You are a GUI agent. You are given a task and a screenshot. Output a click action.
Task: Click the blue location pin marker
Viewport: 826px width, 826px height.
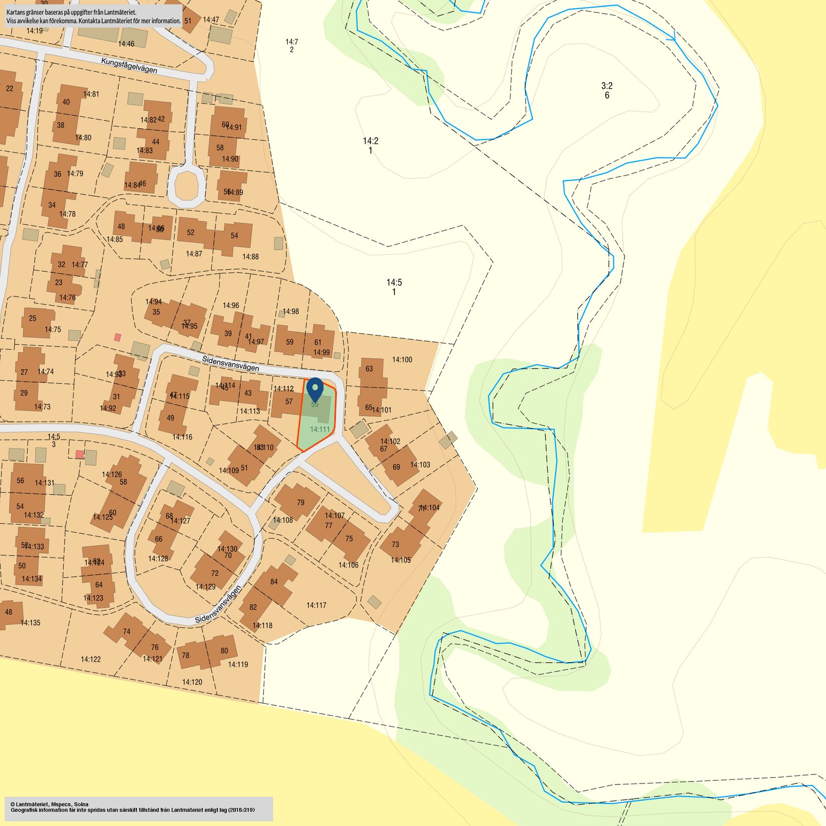point(315,388)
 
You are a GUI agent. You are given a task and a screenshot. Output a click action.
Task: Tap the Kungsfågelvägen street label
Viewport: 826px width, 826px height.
point(129,66)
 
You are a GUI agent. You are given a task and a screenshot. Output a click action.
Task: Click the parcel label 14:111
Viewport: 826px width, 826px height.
point(320,429)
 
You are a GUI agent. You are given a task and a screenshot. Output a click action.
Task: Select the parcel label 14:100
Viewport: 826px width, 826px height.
point(402,359)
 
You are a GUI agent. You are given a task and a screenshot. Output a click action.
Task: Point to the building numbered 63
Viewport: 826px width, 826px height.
point(369,369)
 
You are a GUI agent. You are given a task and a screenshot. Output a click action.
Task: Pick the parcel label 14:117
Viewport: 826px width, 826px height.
point(316,605)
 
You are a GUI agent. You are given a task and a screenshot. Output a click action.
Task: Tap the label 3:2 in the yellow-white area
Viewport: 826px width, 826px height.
point(607,86)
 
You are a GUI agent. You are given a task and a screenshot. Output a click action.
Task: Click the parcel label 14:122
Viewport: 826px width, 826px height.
point(91,659)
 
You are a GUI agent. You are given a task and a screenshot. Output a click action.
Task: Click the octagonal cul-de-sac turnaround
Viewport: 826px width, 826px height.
point(186,185)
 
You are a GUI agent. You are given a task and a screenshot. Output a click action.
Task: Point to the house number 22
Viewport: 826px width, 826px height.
point(10,89)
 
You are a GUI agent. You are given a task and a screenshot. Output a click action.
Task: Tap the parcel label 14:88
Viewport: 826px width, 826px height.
point(250,256)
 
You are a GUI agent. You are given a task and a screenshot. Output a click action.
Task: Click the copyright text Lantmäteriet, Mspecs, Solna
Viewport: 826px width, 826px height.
point(49,804)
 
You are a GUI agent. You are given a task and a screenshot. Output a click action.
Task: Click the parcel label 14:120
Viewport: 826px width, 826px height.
point(192,682)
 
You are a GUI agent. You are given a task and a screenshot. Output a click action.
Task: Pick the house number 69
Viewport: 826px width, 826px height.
point(396,467)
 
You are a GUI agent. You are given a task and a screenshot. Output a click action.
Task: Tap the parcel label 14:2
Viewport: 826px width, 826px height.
point(370,141)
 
